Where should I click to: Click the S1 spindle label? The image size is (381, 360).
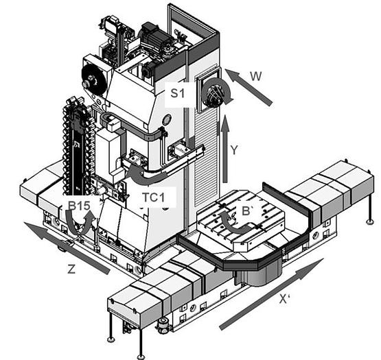click(178, 93)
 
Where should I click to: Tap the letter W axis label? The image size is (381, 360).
click(255, 76)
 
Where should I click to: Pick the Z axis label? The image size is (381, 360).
click(71, 269)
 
